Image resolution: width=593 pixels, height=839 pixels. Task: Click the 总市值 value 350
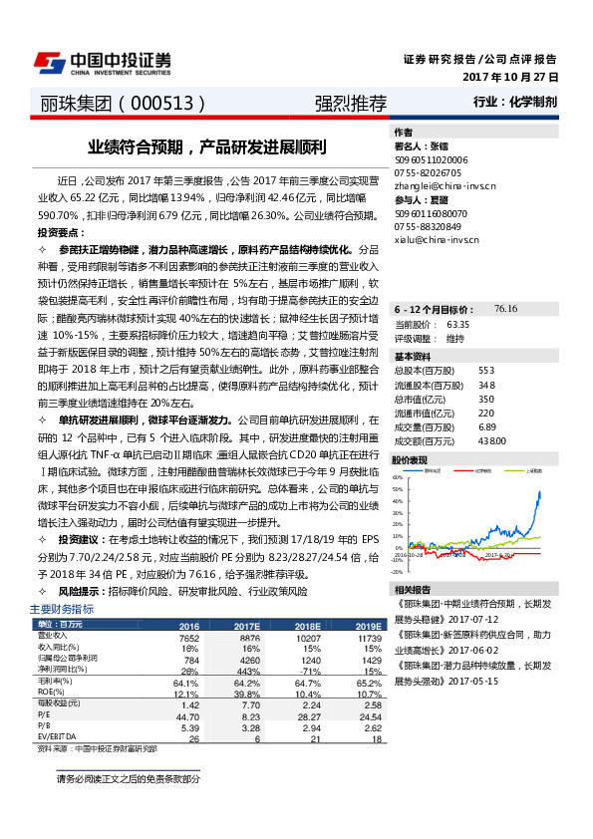(x=486, y=399)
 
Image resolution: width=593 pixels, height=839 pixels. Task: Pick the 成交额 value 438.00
(x=492, y=440)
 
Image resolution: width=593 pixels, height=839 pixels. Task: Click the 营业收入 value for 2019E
(x=370, y=637)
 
